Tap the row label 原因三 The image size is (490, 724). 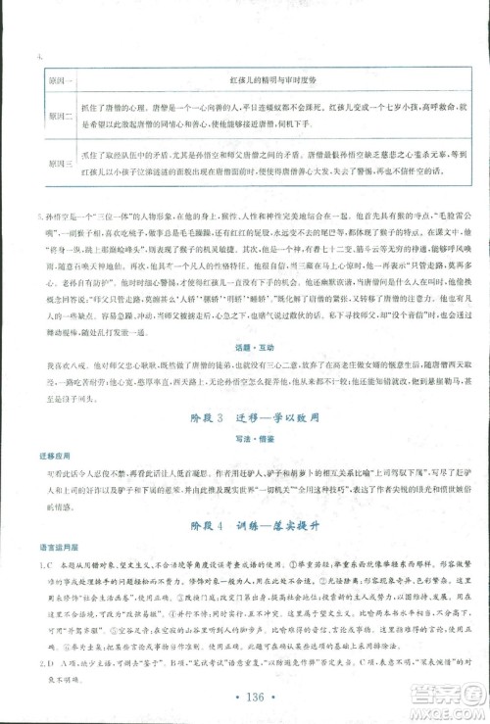(x=48, y=167)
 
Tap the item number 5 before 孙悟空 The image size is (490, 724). (x=36, y=214)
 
